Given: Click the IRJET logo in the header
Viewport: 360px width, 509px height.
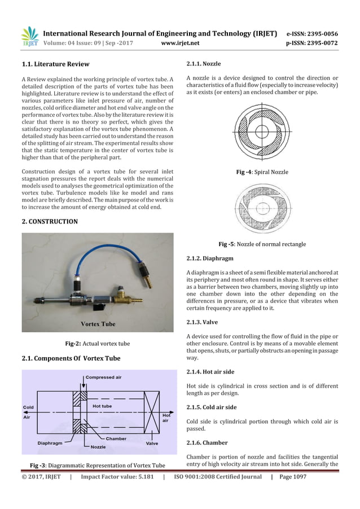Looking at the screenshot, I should pyautogui.click(x=29, y=37).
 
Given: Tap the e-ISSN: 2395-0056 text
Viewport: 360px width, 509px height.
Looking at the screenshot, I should pyautogui.click(x=312, y=33).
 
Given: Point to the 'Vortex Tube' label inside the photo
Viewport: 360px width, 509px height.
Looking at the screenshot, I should pyautogui.click(x=98, y=324).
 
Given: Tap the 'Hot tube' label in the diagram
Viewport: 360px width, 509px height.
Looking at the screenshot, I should pyautogui.click(x=102, y=406).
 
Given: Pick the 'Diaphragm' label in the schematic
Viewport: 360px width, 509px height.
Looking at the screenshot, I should pyautogui.click(x=50, y=443).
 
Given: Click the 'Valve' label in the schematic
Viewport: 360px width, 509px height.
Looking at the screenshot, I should pyautogui.click(x=152, y=443).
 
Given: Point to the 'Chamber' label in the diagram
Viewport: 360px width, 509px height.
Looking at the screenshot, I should pyautogui.click(x=116, y=437).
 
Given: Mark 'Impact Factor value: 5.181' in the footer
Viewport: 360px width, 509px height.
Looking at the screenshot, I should pyautogui.click(x=117, y=477).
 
